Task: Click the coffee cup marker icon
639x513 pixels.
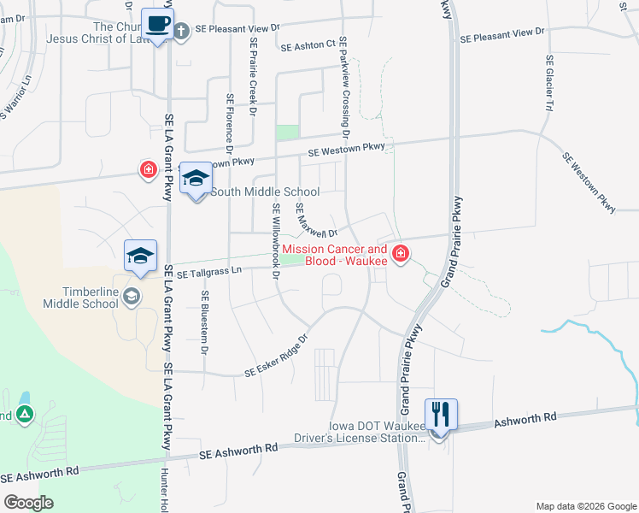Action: click(x=156, y=24)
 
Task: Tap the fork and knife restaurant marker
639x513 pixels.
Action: click(x=441, y=415)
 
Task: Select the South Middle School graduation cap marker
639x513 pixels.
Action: click(x=196, y=178)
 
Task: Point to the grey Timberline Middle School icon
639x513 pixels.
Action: click(x=132, y=296)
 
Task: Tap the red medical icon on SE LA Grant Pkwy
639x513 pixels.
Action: click(x=149, y=169)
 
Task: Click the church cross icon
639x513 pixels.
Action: click(x=181, y=32)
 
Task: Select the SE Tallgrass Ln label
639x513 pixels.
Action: click(x=210, y=272)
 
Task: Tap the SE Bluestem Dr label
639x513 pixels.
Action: click(x=206, y=322)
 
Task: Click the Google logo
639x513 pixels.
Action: click(x=28, y=503)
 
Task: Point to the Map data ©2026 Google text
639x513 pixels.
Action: click(x=585, y=506)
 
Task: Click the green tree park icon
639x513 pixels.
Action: click(x=26, y=415)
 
